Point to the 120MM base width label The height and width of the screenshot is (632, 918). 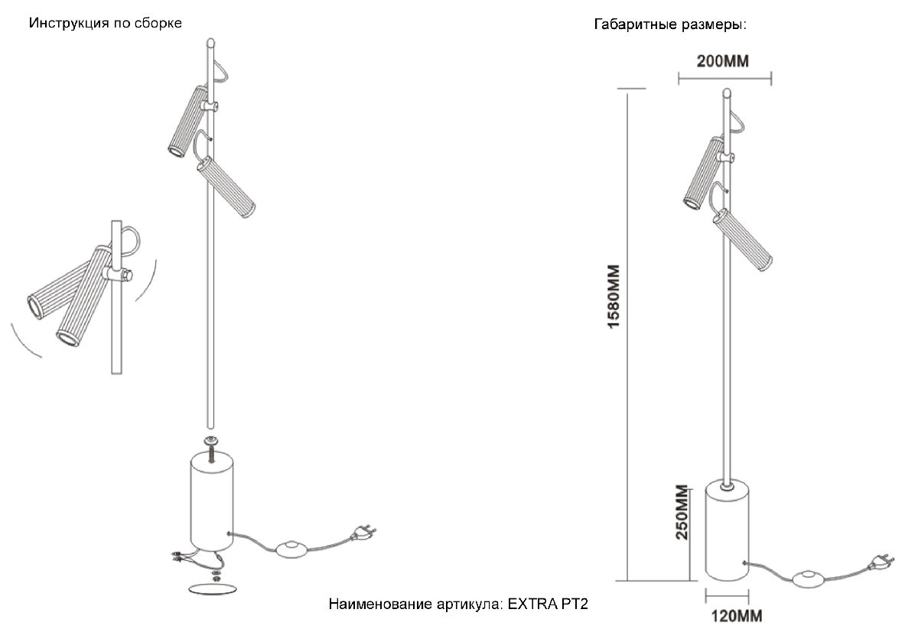point(732,614)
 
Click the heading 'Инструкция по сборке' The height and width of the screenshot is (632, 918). point(106,23)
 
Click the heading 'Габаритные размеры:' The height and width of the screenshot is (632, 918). point(670,25)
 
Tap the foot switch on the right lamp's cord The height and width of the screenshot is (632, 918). point(806,579)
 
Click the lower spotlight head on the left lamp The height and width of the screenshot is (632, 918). point(226,188)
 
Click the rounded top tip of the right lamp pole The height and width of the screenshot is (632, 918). point(726,95)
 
